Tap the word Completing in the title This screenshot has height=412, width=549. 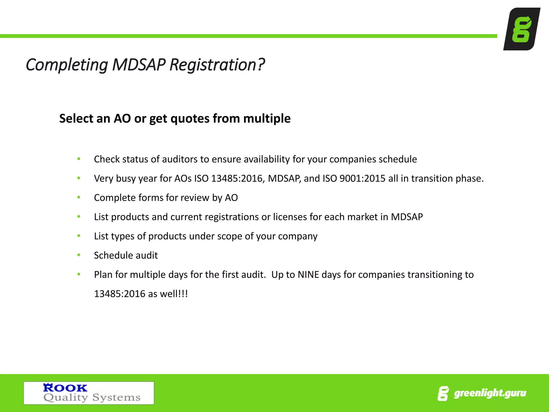(x=67, y=65)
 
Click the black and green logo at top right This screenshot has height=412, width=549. (x=522, y=29)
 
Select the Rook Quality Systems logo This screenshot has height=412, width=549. (x=89, y=393)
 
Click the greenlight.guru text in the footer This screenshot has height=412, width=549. (x=490, y=393)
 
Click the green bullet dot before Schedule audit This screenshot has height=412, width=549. (x=79, y=255)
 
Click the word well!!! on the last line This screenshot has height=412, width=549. (x=174, y=294)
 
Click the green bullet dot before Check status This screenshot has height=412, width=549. (x=79, y=159)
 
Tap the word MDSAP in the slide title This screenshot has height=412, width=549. (x=139, y=65)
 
